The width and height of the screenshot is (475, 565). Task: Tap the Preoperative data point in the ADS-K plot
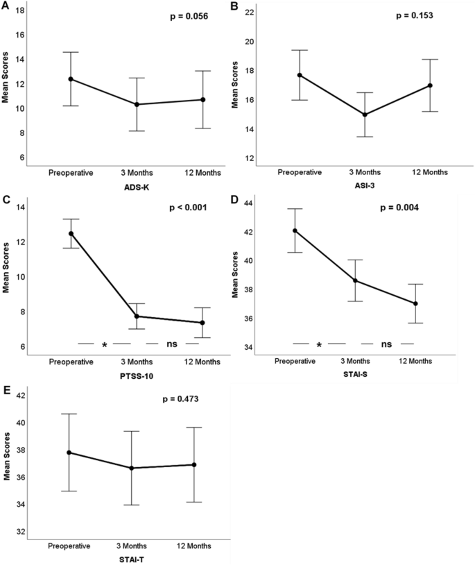click(x=71, y=79)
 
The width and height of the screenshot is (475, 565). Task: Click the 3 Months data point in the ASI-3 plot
click(x=364, y=115)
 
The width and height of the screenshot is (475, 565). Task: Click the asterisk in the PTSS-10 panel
click(x=105, y=344)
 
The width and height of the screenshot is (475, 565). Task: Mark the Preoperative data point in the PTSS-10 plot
click(x=71, y=233)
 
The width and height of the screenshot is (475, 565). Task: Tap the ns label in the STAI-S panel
click(x=387, y=344)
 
